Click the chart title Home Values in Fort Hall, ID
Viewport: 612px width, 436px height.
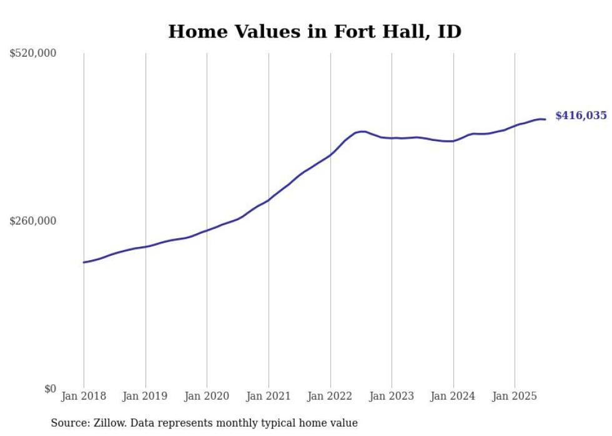pos(315,32)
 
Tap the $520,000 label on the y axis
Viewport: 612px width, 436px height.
pos(33,54)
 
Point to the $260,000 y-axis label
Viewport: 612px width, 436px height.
pos(33,221)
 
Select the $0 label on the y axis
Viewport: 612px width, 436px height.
pos(50,389)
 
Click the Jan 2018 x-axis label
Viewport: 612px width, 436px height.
pos(84,396)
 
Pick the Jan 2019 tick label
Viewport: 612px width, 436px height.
pos(146,396)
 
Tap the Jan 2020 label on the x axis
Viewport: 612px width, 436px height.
pos(207,396)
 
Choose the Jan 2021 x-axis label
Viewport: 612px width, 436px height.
pos(269,396)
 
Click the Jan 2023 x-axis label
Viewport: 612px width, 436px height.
pos(392,396)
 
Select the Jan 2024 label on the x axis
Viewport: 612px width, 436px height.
pos(453,396)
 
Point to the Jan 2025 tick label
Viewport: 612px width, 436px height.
pos(515,396)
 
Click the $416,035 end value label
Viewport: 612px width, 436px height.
pos(581,115)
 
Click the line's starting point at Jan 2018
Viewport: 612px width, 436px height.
pos(84,262)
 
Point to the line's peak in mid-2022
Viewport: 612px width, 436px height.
pos(362,131)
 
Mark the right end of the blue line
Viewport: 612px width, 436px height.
pos(545,119)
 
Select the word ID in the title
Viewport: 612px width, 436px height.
pos(449,32)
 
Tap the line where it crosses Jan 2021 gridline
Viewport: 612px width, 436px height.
pos(269,200)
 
